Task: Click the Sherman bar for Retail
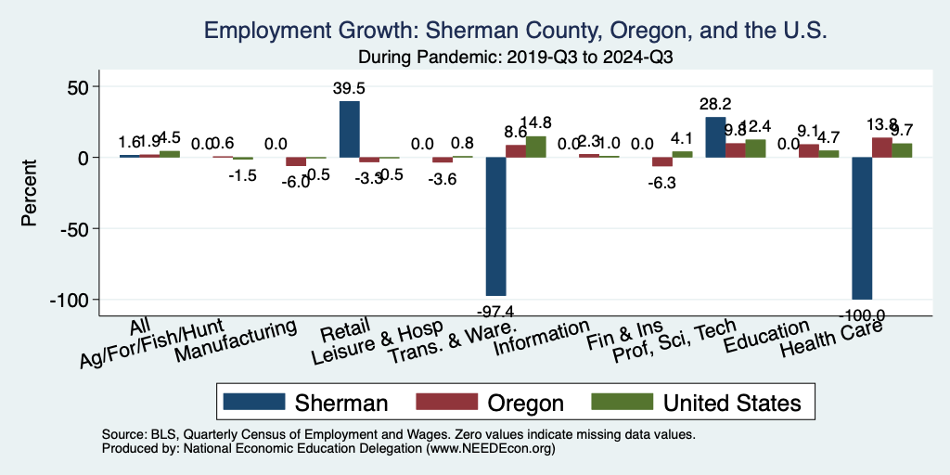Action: pyautogui.click(x=349, y=129)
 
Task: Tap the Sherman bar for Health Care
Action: pyautogui.click(x=862, y=227)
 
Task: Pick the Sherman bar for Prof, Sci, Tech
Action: pyautogui.click(x=714, y=137)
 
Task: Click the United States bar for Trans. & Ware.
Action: pyautogui.click(x=535, y=147)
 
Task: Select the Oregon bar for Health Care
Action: pyautogui.click(x=881, y=148)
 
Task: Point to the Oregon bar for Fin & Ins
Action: pyautogui.click(x=662, y=161)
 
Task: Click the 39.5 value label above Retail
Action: pyautogui.click(x=350, y=89)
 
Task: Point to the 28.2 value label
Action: pyautogui.click(x=714, y=105)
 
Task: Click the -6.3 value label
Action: pyautogui.click(x=662, y=184)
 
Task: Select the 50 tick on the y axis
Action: pyautogui.click(x=86, y=86)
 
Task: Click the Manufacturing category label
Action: pyautogui.click(x=236, y=340)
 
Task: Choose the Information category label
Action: pyautogui.click(x=542, y=340)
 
